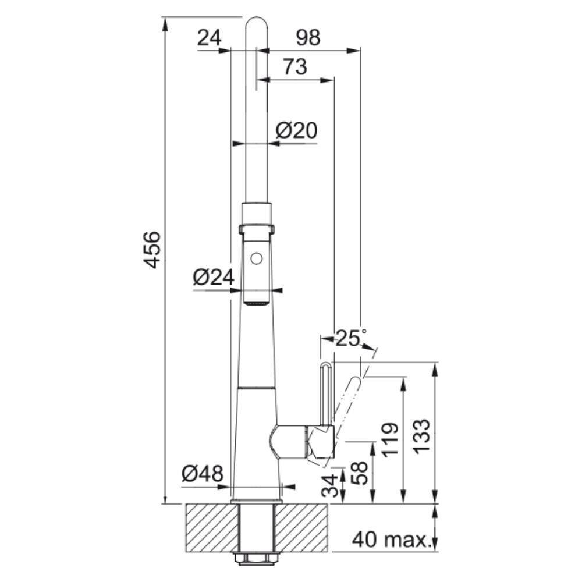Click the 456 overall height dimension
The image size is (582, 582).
point(152,250)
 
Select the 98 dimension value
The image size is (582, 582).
point(308,37)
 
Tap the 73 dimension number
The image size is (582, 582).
point(295,67)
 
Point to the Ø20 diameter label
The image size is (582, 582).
point(297,130)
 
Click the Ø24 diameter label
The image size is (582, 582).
point(214,277)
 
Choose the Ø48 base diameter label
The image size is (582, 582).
point(203,474)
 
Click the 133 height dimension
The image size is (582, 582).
point(421,437)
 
